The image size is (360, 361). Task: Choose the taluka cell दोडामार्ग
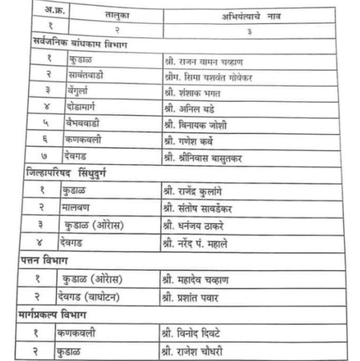coord(86,109)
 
